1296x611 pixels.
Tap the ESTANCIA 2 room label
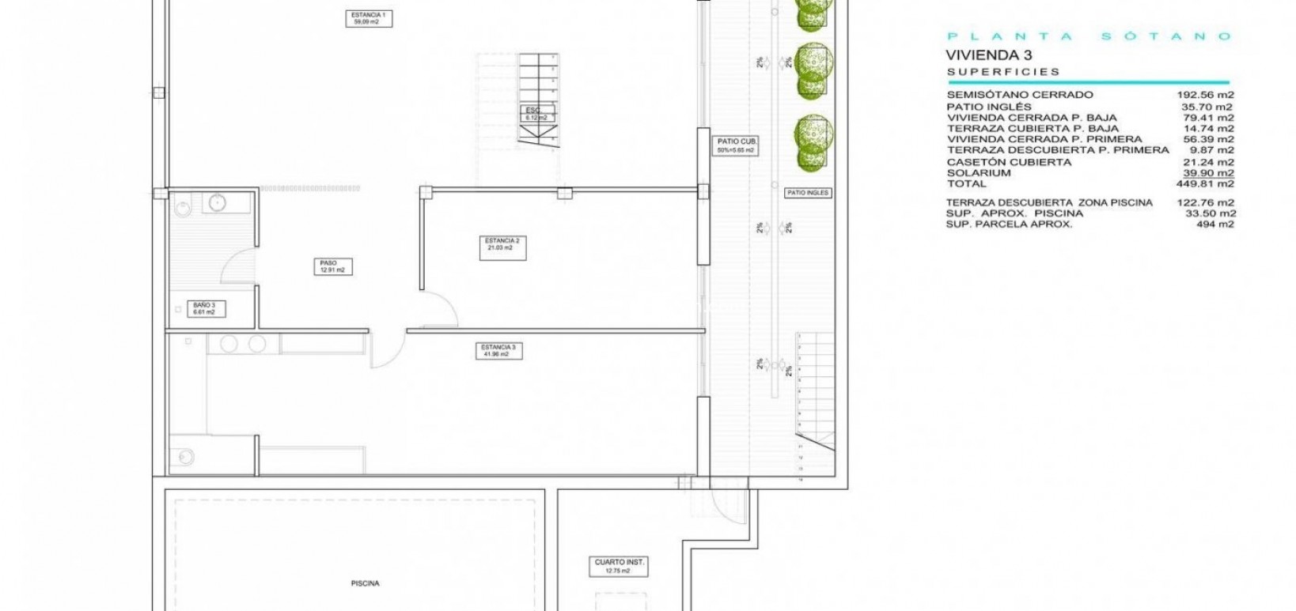501,245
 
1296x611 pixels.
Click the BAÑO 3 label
204,308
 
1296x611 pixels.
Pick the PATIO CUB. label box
735,145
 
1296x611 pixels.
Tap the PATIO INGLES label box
807,193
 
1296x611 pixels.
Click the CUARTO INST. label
620,566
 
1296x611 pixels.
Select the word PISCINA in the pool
366,583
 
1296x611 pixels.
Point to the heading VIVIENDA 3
989,55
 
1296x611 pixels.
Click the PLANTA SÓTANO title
1089,36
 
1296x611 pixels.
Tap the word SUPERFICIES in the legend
1002,72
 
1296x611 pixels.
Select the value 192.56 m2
1205,95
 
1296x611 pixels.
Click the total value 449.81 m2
1205,183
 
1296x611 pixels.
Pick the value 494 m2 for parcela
1215,224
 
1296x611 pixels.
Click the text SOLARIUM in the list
979,172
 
